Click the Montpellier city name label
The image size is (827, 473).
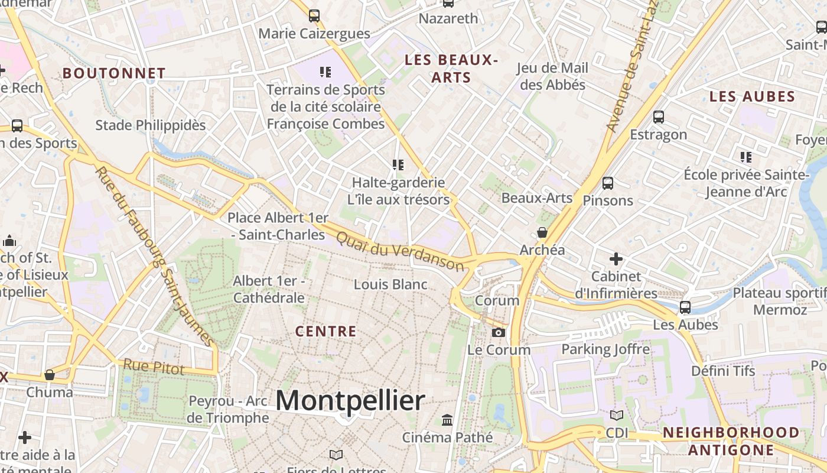[350, 401]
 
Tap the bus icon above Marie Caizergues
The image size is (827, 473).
[314, 16]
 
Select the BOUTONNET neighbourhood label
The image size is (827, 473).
[114, 73]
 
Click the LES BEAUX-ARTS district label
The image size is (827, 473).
[451, 69]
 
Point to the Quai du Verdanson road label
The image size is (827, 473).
[400, 251]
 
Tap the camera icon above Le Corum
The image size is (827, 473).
[499, 332]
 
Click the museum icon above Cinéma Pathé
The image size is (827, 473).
[447, 420]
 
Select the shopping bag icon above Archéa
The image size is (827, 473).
[542, 232]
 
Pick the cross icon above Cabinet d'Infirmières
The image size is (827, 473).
[616, 258]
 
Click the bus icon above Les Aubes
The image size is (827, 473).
[685, 307]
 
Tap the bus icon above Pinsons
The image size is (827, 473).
[607, 183]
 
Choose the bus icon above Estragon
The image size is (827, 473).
[659, 117]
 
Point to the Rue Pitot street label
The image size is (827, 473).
[154, 367]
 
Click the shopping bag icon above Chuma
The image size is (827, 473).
[50, 375]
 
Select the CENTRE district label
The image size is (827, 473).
[325, 331]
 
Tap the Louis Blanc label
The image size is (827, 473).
[390, 284]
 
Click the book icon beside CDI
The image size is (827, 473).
[617, 416]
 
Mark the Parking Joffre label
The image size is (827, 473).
[605, 349]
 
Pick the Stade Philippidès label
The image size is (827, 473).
[151, 125]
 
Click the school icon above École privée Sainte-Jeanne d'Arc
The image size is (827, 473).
[746, 157]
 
